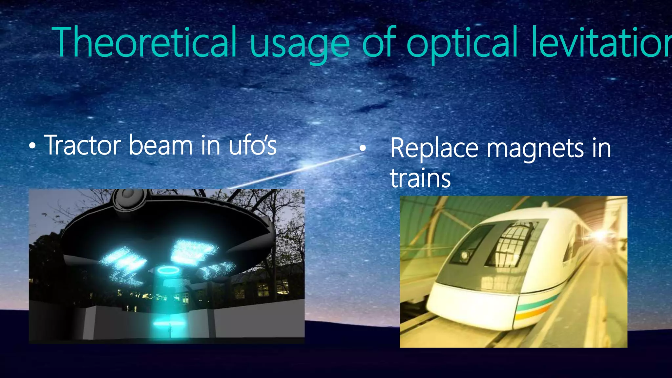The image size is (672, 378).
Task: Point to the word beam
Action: coord(160,145)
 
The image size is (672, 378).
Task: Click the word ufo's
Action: coord(253,145)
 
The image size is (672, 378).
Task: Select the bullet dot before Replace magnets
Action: coord(362,148)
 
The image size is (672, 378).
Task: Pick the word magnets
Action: coord(535,150)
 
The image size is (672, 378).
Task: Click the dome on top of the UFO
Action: coord(128,197)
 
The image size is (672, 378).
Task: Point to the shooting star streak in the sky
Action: coord(295,171)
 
